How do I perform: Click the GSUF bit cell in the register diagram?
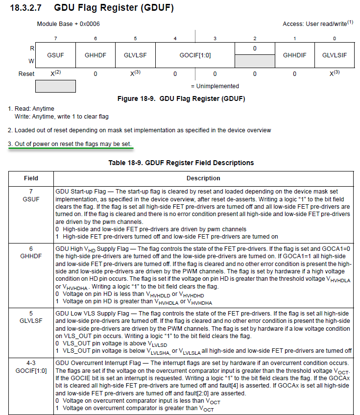point(55,55)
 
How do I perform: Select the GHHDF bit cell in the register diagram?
point(95,55)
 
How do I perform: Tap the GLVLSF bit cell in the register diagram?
point(135,55)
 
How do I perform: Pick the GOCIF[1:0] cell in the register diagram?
point(195,55)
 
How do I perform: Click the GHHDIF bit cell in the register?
point(294,55)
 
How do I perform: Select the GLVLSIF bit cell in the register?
point(334,55)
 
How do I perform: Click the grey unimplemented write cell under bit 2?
point(255,61)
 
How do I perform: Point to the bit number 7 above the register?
point(55,38)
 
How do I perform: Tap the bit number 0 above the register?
point(334,38)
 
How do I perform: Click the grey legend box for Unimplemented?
point(55,86)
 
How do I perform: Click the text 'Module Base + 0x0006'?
point(69,24)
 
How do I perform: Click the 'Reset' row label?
point(26,73)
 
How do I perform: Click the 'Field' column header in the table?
point(31,178)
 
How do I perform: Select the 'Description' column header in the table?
point(203,178)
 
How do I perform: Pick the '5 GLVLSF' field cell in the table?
point(31,316)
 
